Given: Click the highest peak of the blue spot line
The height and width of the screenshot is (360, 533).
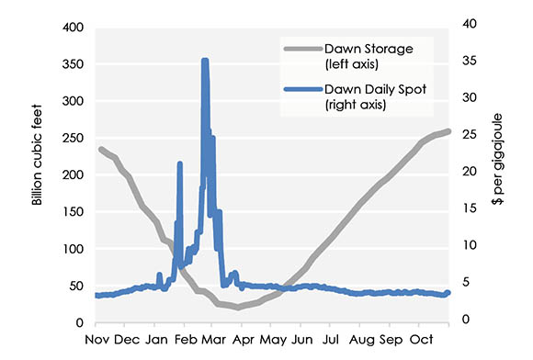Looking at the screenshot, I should point(205,61).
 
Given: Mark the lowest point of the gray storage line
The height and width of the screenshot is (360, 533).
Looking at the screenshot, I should point(238,307).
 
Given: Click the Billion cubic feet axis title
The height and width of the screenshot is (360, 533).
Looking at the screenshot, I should point(38,174).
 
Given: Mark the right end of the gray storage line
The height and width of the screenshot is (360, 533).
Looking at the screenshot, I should point(448,130).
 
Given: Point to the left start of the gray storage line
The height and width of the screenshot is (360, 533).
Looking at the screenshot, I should point(100,149).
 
